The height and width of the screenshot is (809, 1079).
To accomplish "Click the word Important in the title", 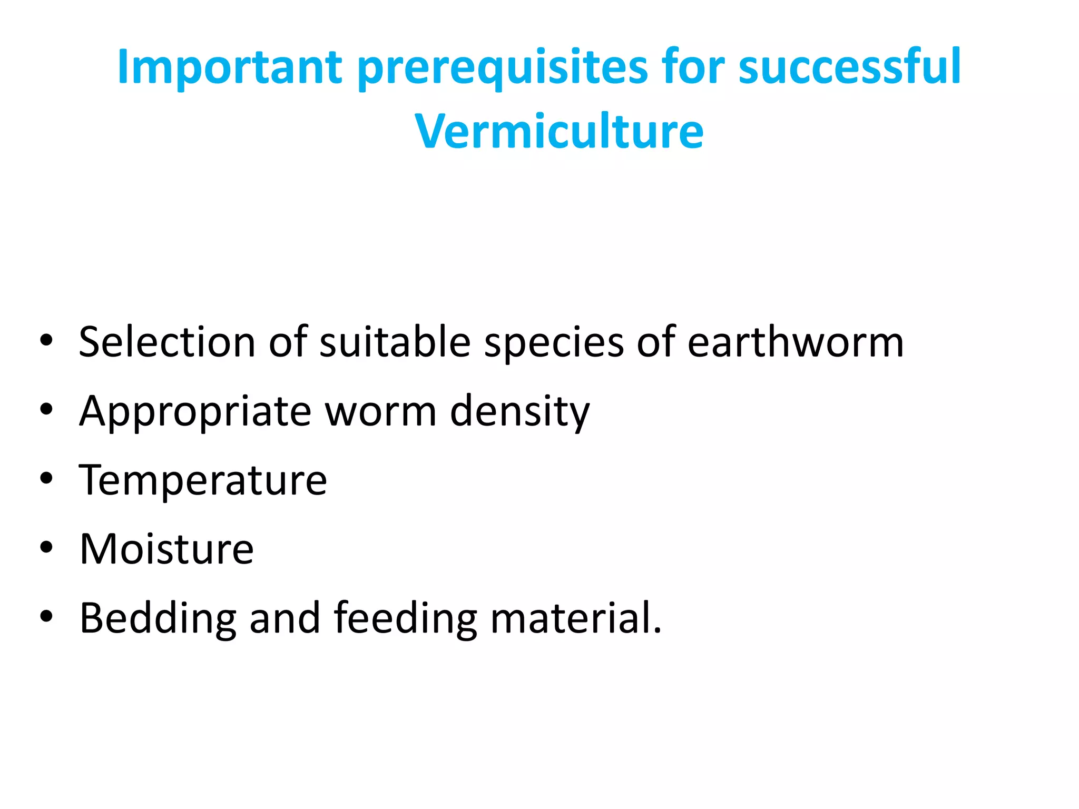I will [229, 67].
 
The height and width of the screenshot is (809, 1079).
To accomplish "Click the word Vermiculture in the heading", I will [559, 132].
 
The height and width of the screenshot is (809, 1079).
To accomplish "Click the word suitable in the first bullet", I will [395, 342].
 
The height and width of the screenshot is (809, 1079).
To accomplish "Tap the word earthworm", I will [796, 342].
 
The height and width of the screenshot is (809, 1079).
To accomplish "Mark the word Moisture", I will [166, 549].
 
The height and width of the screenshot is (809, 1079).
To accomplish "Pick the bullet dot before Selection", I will [46, 340].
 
